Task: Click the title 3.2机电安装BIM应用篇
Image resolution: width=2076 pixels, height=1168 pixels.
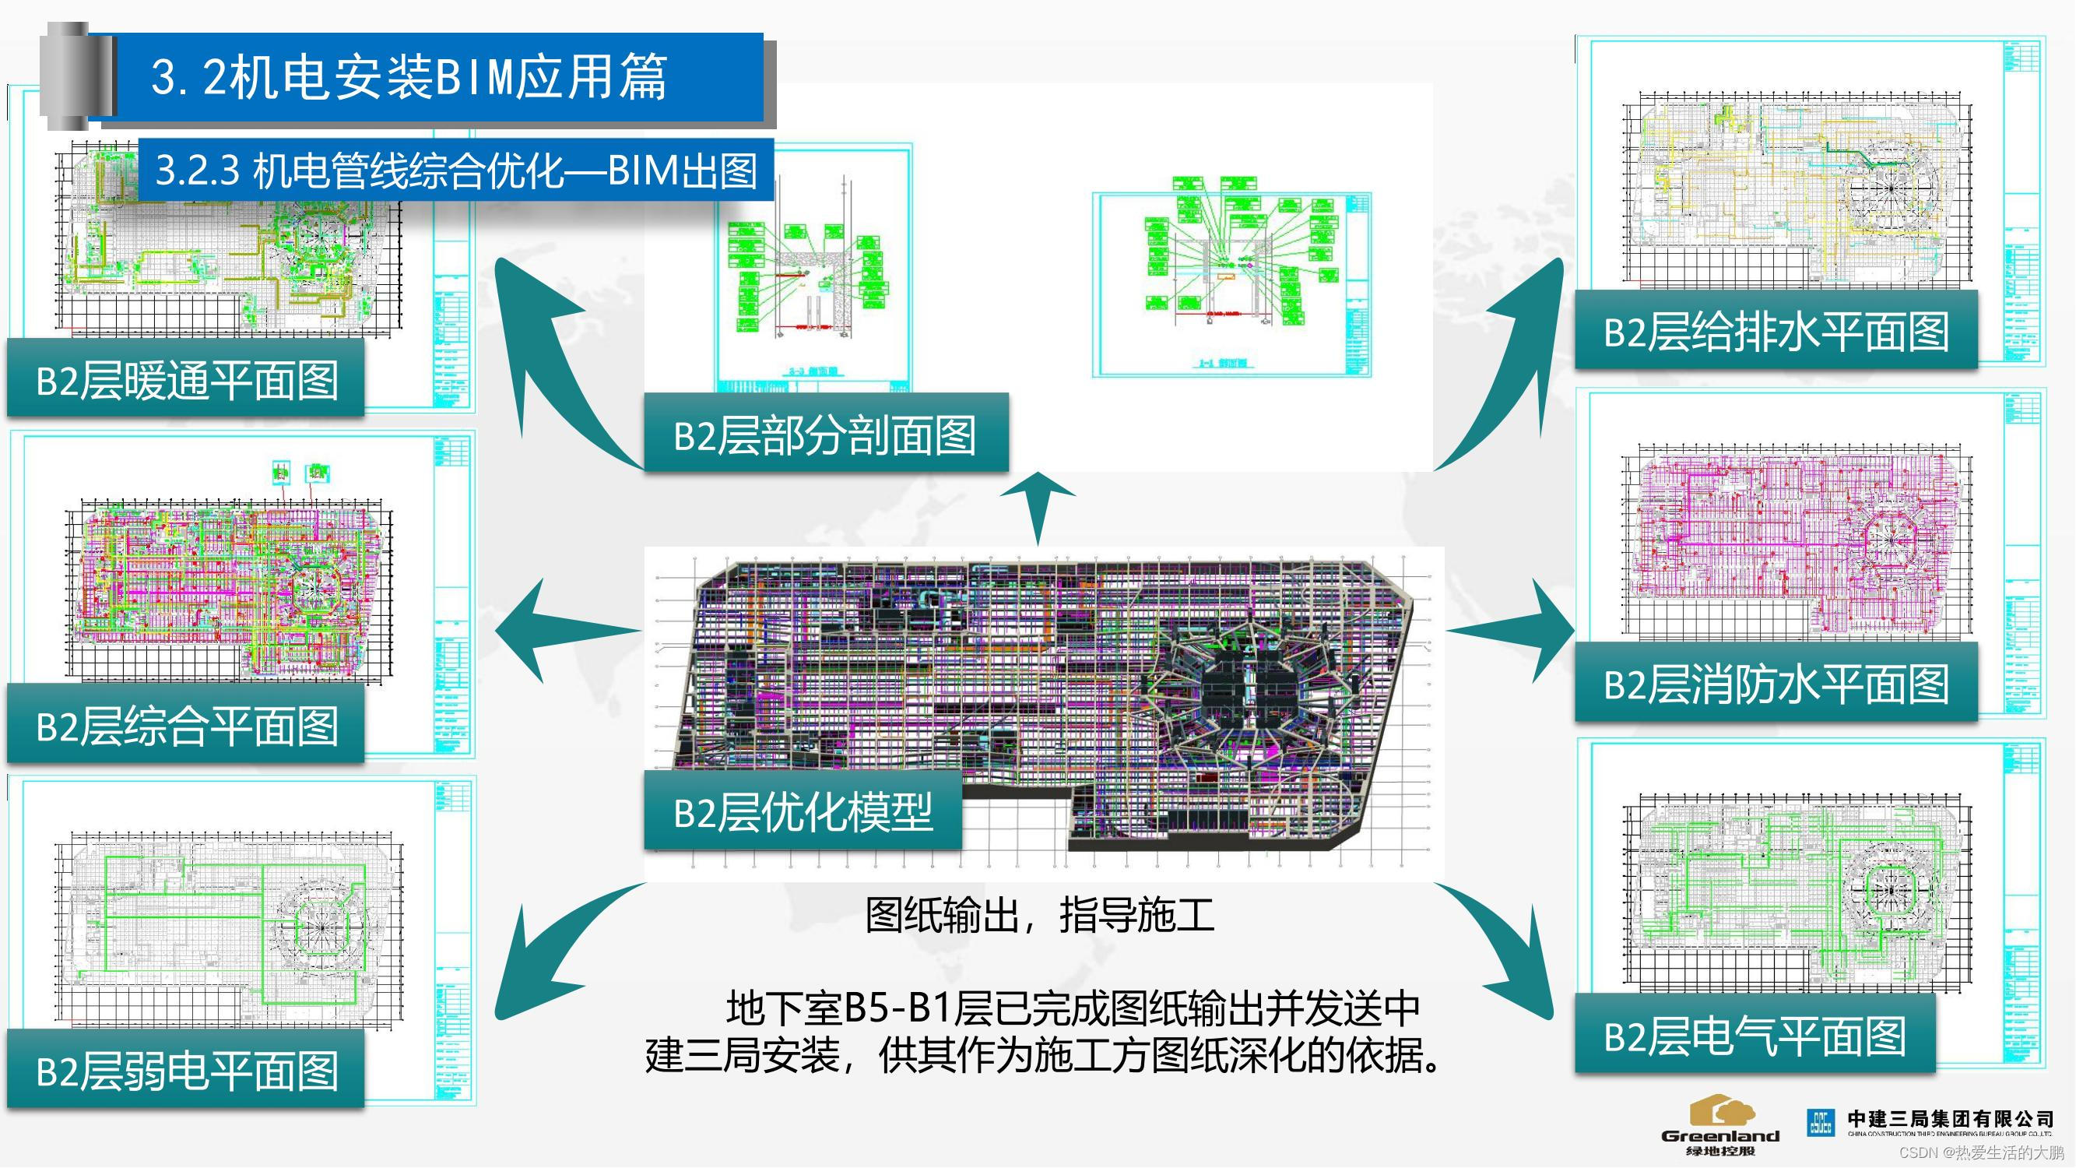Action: pos(409,77)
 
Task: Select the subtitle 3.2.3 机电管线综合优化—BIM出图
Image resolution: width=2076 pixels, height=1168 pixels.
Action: pos(456,170)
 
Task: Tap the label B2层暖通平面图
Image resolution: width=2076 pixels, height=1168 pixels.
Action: pos(186,380)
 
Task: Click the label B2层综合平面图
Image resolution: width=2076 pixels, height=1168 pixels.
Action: pos(186,725)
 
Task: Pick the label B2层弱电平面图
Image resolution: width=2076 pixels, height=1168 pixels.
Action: pos(186,1071)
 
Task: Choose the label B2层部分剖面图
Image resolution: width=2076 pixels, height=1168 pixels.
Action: pos(824,435)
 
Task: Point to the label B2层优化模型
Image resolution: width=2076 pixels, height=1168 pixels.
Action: pos(803,811)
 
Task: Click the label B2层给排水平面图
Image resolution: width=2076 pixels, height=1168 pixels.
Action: pos(1776,331)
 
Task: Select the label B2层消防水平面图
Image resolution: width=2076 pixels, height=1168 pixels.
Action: pos(1776,684)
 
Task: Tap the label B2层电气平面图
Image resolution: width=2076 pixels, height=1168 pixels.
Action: pos(1755,1035)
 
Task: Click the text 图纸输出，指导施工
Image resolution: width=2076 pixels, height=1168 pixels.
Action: pos(1039,915)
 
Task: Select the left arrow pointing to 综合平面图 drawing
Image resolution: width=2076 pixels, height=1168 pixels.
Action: pos(556,629)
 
